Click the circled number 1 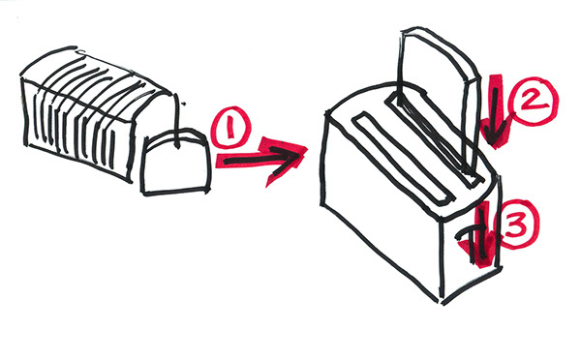(230, 127)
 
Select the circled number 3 (515, 224)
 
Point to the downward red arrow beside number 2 (495, 111)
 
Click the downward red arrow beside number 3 (483, 235)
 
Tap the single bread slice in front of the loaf (175, 163)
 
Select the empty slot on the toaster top (403, 160)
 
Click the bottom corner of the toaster (443, 302)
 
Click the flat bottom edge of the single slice (175, 192)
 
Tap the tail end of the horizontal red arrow (219, 161)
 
